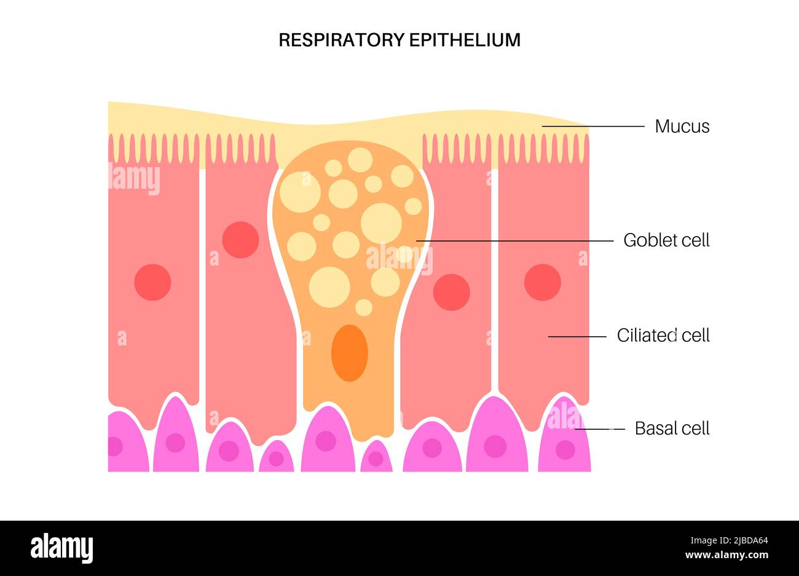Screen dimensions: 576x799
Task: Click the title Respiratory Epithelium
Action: coord(399,40)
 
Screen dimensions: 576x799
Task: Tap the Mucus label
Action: coord(682,127)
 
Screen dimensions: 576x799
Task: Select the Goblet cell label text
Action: coord(666,240)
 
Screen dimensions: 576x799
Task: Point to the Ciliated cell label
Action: coord(663,336)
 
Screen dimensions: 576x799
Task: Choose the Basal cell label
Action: coord(672,428)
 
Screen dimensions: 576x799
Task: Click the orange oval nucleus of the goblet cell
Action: coord(349,353)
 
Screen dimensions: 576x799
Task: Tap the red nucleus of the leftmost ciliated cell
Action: coord(152,282)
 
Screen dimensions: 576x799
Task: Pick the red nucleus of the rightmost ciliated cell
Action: coord(542,282)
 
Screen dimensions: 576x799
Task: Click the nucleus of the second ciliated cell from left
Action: coord(240,240)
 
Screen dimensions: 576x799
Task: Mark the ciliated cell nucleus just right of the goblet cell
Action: coord(451,292)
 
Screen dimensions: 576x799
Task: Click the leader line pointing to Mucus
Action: coord(593,127)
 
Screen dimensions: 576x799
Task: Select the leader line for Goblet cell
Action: coord(516,240)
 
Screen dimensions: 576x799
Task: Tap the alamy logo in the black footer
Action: coord(61,548)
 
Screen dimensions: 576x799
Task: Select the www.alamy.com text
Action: coord(727,556)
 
